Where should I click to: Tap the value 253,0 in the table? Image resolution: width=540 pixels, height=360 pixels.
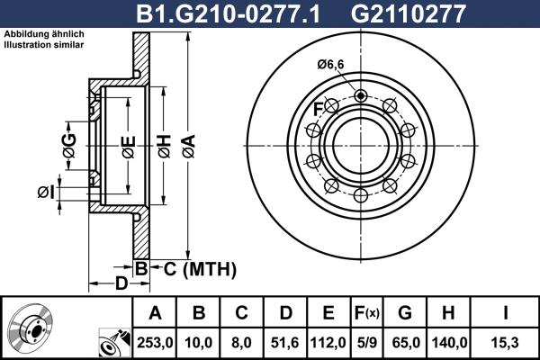coord(154,342)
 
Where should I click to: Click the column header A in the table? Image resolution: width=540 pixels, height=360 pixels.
coord(154,313)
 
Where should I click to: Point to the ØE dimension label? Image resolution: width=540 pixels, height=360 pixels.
coord(128,145)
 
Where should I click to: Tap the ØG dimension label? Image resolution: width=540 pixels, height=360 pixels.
coord(68,140)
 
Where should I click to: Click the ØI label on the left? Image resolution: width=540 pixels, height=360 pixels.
coord(47,191)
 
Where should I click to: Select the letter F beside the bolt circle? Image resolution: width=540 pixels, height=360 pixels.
coord(317,109)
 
